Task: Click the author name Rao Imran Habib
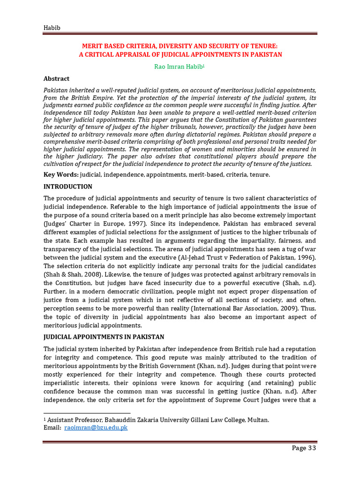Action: (179, 67)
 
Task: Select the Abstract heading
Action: (56, 79)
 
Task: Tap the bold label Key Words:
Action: (61, 174)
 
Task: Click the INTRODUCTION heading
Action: (68, 187)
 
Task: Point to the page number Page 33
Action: (304, 448)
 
